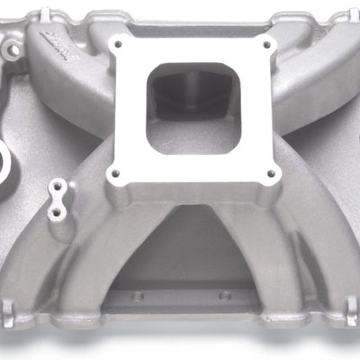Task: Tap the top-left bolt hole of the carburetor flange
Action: click(x=115, y=43)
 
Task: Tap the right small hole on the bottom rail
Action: click(x=224, y=294)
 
